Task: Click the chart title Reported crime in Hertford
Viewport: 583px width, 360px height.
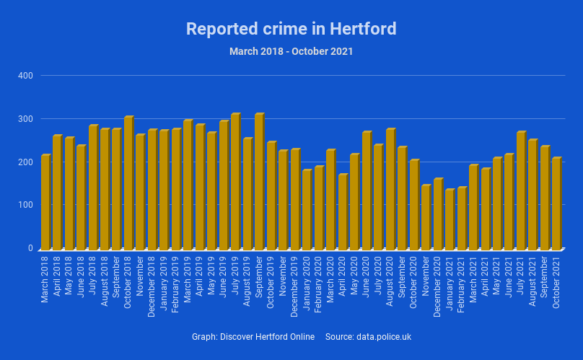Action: [x=291, y=29]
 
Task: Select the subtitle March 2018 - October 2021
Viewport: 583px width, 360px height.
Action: [x=291, y=51]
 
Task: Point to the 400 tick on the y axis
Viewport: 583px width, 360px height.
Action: [x=25, y=75]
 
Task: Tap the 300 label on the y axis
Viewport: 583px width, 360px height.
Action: [x=25, y=118]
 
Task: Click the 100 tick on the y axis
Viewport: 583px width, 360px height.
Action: [x=25, y=205]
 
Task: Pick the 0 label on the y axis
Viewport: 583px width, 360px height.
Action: [x=30, y=248]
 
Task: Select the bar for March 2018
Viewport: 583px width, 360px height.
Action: [x=45, y=202]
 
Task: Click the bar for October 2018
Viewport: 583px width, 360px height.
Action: [x=128, y=183]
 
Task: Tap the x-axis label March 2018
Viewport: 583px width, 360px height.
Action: [x=45, y=278]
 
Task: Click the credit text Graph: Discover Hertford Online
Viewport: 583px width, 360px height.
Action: [x=253, y=337]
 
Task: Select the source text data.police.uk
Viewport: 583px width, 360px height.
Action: [x=384, y=337]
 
